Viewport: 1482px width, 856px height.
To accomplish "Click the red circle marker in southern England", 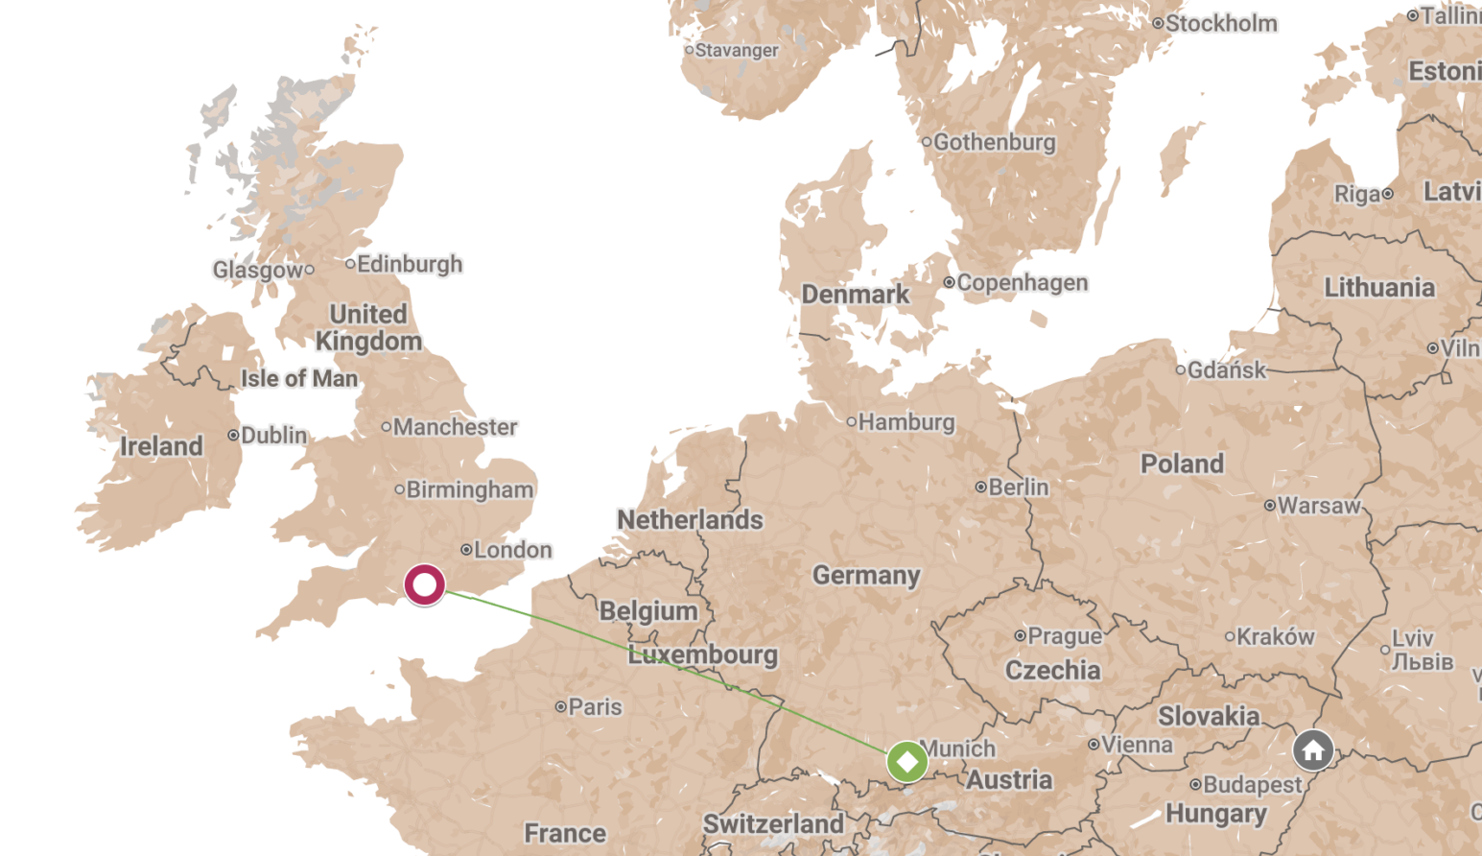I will click(424, 584).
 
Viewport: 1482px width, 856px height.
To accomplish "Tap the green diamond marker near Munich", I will click(906, 761).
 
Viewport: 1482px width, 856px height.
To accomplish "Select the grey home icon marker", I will click(1313, 750).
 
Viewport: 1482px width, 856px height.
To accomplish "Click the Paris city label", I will click(595, 707).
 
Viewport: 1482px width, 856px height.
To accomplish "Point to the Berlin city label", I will click(1018, 487).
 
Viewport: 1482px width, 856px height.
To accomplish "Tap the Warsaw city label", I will click(1318, 506).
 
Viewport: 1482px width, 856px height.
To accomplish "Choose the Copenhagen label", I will click(1022, 283).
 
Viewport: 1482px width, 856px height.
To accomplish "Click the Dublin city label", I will click(273, 436).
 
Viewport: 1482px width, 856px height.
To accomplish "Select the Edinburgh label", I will click(410, 264).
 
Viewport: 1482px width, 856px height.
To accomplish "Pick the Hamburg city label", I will click(906, 422).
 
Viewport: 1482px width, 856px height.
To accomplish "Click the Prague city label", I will click(1064, 636).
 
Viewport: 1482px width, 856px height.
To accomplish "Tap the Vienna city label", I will click(1137, 745).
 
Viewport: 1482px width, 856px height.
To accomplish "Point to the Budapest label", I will click(1252, 785).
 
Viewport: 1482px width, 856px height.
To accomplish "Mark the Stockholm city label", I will click(1221, 23).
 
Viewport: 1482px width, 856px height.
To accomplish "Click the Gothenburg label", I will click(994, 142).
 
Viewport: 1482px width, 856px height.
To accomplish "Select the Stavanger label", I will click(736, 50).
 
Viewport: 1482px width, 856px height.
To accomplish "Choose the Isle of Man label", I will click(299, 379).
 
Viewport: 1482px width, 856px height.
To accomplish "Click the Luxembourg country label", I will click(703, 655).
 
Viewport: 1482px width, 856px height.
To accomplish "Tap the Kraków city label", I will click(1275, 637).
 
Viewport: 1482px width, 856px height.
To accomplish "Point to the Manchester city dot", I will click(387, 427).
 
